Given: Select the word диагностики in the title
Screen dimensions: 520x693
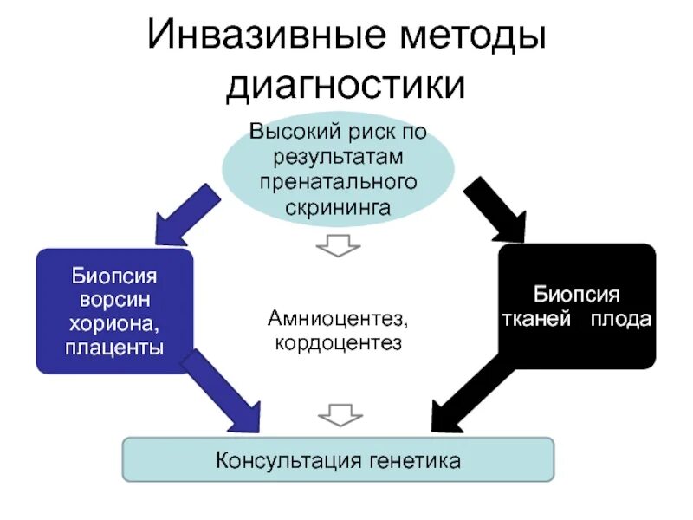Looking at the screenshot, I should point(346,87).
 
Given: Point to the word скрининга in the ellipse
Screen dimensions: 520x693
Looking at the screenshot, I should point(339,207).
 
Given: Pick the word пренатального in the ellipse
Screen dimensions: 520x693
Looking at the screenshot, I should point(339,182).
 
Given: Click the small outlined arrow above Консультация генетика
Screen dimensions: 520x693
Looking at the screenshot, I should point(339,414).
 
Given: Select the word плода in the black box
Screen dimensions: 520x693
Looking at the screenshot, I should point(620,319).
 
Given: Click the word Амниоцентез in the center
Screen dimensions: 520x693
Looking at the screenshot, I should point(339,320).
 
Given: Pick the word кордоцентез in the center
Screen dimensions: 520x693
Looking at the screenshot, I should point(339,344).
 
